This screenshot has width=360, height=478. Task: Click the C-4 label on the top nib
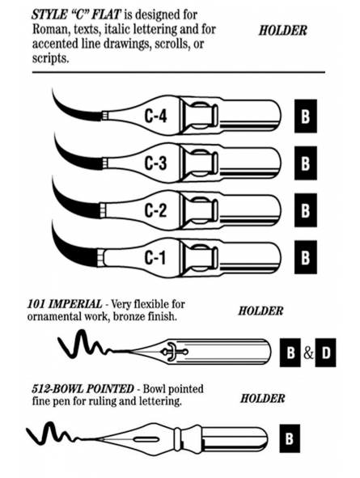pyautogui.click(x=156, y=116)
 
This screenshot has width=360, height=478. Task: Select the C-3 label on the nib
pyautogui.click(x=156, y=163)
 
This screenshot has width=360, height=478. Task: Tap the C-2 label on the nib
pyautogui.click(x=156, y=210)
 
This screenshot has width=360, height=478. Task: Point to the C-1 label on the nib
pyautogui.click(x=155, y=257)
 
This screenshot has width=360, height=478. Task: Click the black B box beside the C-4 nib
pyautogui.click(x=306, y=116)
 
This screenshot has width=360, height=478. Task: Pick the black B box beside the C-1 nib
pyautogui.click(x=306, y=257)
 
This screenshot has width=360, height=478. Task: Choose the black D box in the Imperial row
pyautogui.click(x=325, y=353)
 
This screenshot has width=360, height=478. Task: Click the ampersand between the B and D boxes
pyautogui.click(x=308, y=353)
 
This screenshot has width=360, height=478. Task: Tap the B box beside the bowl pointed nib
pyautogui.click(x=290, y=438)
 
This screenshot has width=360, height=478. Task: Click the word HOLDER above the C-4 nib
pyautogui.click(x=283, y=31)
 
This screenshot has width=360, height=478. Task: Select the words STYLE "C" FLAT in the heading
pyautogui.click(x=77, y=15)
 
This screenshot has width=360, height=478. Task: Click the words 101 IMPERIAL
pyautogui.click(x=65, y=304)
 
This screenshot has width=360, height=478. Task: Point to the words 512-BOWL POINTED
pyautogui.click(x=83, y=389)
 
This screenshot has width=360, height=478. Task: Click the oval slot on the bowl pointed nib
pyautogui.click(x=145, y=439)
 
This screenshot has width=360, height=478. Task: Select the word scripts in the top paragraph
pyautogui.click(x=50, y=58)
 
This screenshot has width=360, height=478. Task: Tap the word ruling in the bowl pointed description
pyautogui.click(x=102, y=401)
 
